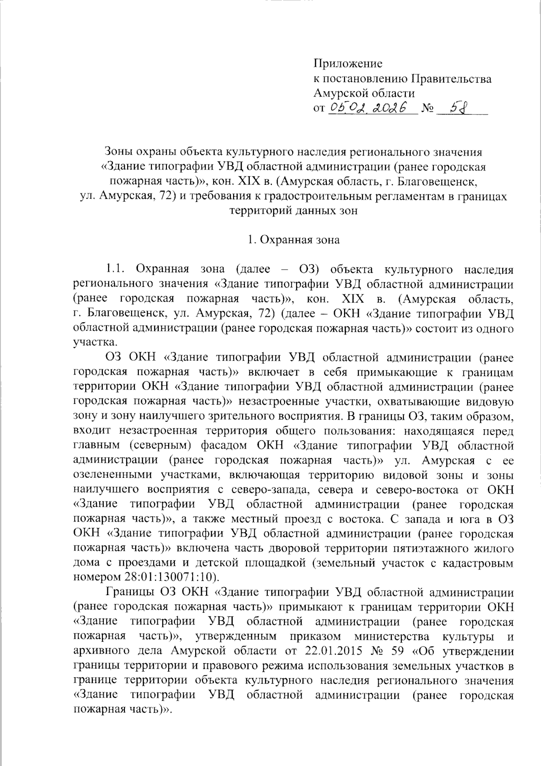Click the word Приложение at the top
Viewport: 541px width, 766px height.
point(348,64)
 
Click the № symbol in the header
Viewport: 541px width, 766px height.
point(427,109)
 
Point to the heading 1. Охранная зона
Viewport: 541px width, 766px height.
point(293,239)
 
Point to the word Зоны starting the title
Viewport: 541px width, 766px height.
point(119,151)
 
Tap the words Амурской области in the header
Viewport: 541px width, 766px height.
point(364,93)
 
